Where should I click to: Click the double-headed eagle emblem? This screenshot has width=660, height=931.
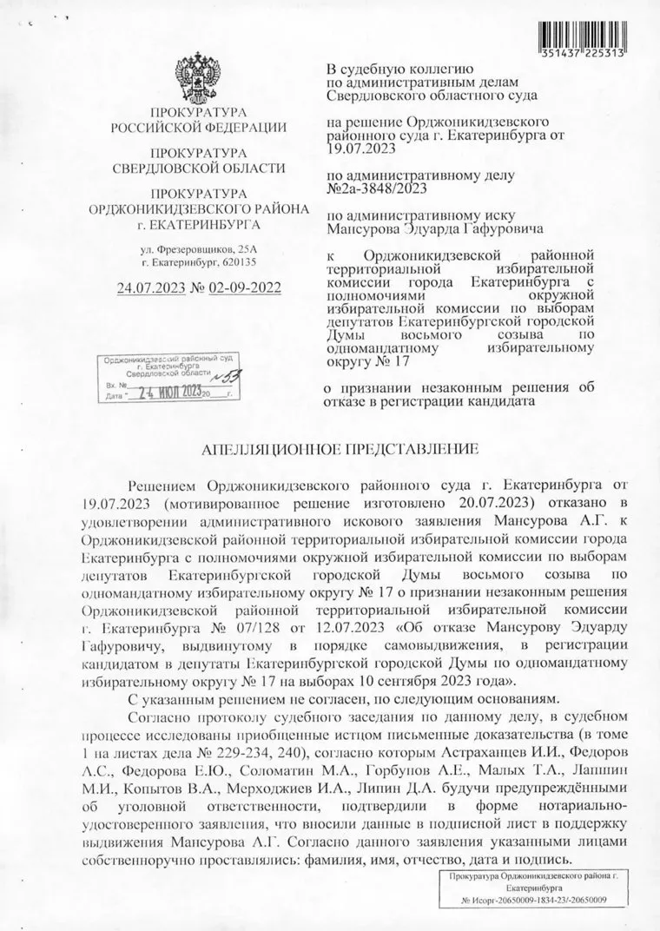coord(197,76)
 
